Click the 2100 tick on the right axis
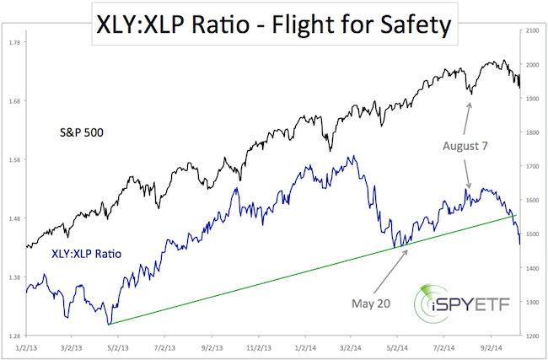click(531, 31)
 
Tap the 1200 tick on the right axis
click(531, 336)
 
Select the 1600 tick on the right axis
click(531, 201)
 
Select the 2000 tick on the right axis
click(531, 65)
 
